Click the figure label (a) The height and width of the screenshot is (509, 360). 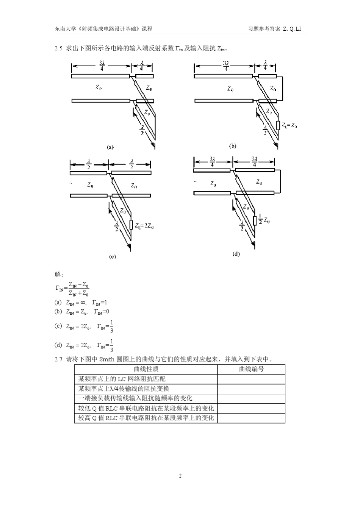point(110,147)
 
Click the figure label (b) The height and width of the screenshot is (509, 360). point(232,146)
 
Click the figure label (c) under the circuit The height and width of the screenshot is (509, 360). point(113,256)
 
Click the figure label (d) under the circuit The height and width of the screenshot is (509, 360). point(236,254)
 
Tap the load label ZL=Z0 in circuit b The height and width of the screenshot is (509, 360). point(289,126)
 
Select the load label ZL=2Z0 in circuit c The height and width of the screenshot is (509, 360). point(144,226)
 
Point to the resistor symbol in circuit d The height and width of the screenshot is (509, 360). point(255,220)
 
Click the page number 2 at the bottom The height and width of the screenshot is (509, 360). point(180,476)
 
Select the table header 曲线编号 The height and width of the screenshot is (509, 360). point(251,369)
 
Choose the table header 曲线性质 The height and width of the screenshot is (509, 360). point(146,369)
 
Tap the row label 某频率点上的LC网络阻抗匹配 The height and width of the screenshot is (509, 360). point(122,379)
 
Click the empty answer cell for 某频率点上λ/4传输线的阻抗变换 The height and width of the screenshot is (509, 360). point(251,389)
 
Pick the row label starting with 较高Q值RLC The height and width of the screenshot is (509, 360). point(146,418)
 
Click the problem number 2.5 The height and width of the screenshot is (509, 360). point(58,48)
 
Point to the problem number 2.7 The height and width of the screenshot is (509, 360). point(58,359)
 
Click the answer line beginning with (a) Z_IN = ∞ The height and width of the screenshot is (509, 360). point(81,302)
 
